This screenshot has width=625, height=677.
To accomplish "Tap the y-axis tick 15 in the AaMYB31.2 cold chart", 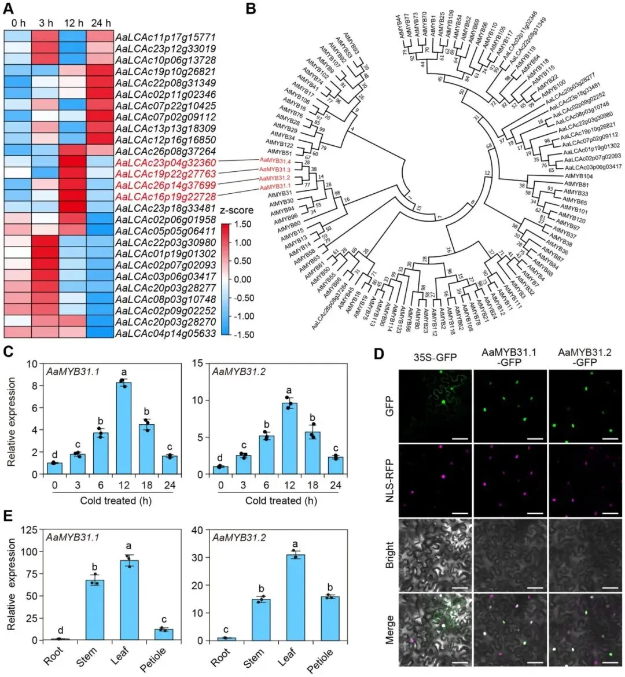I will pos(204,364).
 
